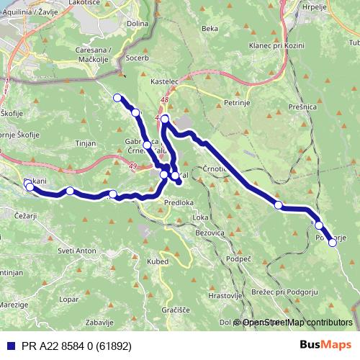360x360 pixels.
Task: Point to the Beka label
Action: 210,29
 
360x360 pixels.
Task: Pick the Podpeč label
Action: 238,258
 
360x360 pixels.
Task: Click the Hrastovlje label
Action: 222,295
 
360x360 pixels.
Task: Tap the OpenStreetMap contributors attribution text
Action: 297,323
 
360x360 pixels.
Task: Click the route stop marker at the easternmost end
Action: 333,243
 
